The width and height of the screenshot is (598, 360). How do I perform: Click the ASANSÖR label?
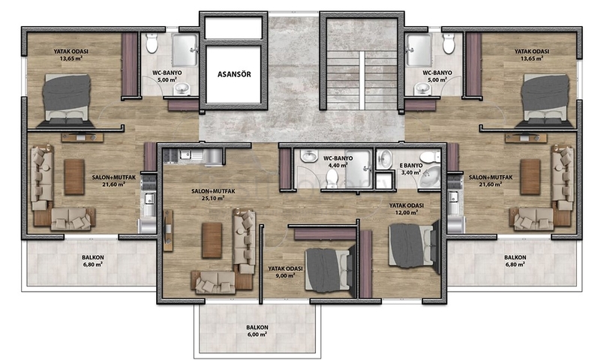(234, 74)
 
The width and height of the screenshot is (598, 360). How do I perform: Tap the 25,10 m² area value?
(213, 198)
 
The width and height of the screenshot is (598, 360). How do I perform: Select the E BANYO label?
(410, 166)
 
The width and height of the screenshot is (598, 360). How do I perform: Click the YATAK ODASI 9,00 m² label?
(285, 272)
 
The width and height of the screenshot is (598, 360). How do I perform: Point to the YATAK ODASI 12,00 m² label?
(406, 208)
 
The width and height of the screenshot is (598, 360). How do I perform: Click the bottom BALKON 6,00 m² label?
(257, 331)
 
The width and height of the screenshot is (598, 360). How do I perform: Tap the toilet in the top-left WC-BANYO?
(152, 43)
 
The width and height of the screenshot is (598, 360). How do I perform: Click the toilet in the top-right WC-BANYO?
(449, 43)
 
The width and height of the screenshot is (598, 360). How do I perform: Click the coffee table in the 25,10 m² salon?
(212, 240)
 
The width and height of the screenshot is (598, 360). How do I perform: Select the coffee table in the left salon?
(74, 177)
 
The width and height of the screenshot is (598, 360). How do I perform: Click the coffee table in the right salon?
(530, 177)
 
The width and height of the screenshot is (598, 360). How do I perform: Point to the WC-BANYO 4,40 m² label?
(338, 162)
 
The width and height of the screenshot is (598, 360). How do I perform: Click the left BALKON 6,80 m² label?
(93, 261)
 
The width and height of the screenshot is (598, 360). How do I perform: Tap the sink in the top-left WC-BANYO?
(182, 88)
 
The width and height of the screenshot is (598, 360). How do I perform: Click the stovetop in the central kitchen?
(170, 155)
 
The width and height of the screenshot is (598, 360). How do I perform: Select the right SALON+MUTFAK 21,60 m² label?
(491, 181)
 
